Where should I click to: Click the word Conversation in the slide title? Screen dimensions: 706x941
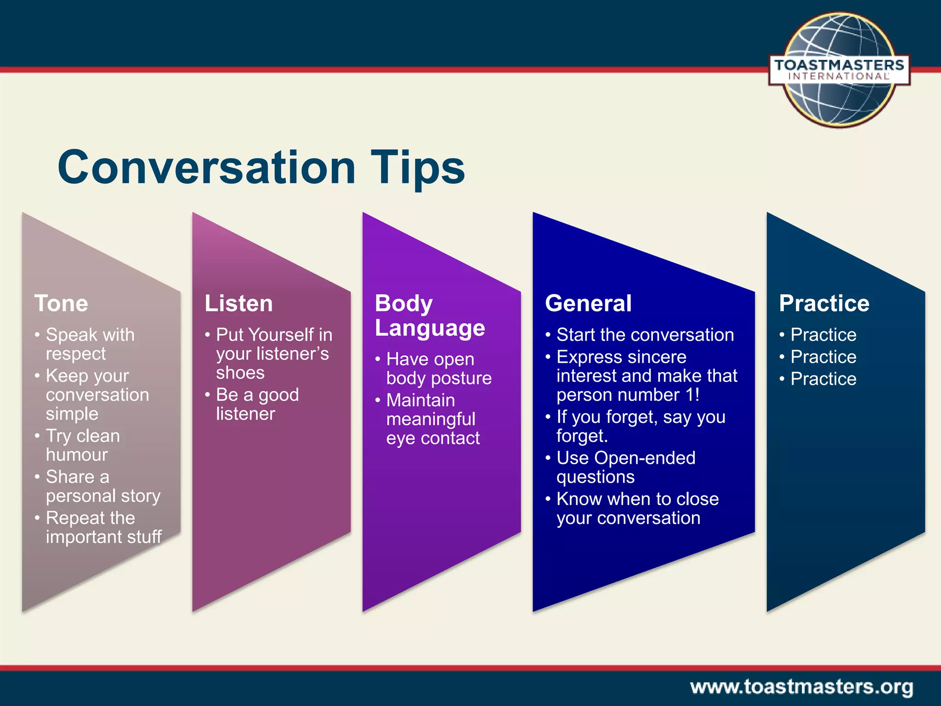[207, 167]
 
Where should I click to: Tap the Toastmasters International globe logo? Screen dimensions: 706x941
[839, 70]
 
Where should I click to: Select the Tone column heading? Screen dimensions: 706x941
[61, 303]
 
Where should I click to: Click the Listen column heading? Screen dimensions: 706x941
[238, 303]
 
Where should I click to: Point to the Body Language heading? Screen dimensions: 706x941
[429, 316]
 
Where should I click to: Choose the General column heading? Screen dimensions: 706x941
[588, 303]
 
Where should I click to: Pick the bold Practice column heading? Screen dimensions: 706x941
[824, 303]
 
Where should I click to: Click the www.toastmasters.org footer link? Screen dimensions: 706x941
[801, 687]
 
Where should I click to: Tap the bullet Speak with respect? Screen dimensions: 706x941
[90, 344]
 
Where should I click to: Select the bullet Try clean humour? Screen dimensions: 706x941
[83, 444]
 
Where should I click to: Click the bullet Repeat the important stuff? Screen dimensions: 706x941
[103, 527]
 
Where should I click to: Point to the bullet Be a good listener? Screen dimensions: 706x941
[257, 404]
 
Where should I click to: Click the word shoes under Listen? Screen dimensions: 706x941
[240, 373]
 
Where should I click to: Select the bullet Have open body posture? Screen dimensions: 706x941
[438, 368]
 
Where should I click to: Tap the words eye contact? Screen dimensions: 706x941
[433, 438]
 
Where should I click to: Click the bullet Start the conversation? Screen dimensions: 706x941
[645, 335]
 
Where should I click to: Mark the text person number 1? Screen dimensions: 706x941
[628, 395]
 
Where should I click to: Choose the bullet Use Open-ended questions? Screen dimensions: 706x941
[625, 467]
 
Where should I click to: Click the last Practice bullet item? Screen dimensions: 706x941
[823, 379]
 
